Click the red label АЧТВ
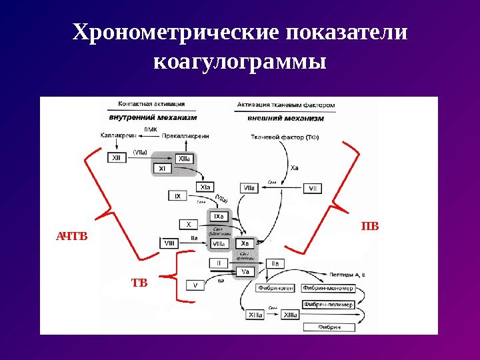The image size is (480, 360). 71,236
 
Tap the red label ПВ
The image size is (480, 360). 369,227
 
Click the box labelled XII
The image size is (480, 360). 117,158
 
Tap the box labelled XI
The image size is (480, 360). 162,169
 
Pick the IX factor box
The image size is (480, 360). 177,197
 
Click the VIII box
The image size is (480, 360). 169,244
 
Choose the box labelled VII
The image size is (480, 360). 313,189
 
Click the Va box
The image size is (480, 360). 245,272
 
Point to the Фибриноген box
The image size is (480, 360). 272,288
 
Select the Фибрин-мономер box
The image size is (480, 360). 328,288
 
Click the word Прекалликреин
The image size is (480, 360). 185,135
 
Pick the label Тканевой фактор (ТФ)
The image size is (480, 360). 280,137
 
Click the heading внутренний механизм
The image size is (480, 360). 153,117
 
